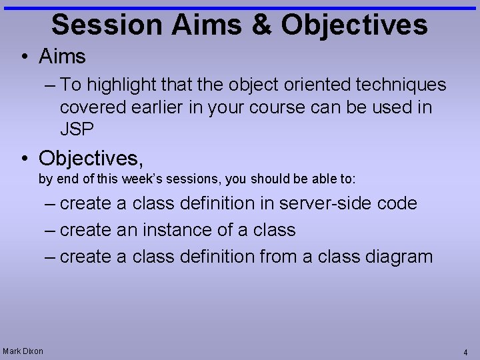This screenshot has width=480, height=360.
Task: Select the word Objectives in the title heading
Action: [354, 25]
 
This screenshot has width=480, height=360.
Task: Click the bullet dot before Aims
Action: [24, 57]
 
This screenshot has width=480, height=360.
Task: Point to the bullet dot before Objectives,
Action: [24, 159]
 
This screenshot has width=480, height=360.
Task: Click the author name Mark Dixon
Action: [23, 351]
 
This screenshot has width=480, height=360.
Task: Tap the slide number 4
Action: [465, 352]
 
